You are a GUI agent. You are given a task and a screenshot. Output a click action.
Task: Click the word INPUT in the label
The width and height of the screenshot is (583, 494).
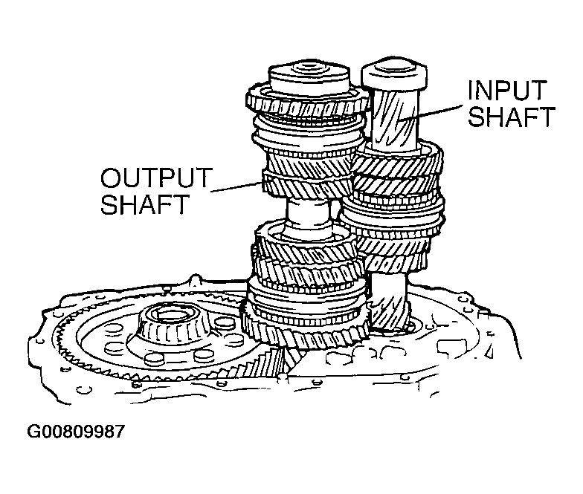click(x=508, y=91)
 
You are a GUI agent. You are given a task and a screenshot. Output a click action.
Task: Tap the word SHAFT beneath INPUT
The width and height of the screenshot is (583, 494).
click(x=512, y=117)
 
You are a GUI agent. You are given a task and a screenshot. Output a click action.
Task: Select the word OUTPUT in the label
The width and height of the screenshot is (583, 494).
click(x=155, y=179)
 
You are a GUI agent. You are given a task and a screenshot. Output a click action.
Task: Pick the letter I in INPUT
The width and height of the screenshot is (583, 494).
click(x=471, y=91)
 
